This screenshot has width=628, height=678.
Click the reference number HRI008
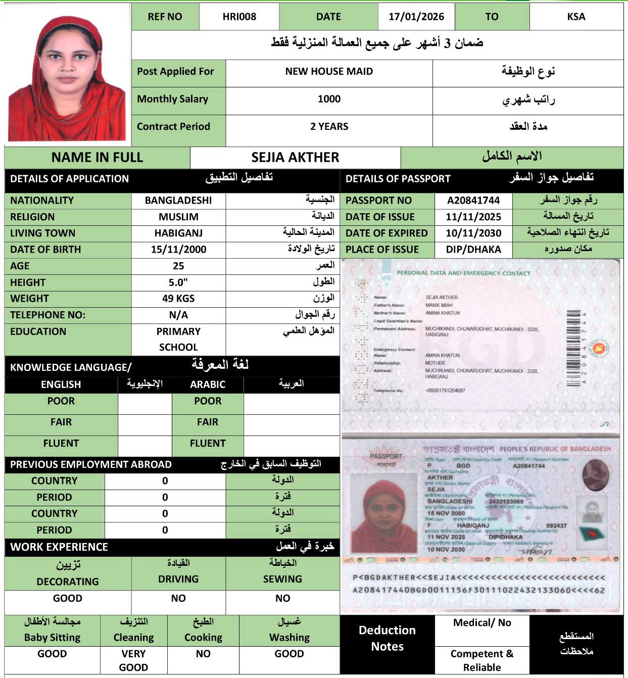pos(239,17)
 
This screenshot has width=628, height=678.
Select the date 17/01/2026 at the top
pos(416,17)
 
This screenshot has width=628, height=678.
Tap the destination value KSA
pos(576,17)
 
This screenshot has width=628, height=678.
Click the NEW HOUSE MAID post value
pos(329,71)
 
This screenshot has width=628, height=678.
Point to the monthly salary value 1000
pos(329,99)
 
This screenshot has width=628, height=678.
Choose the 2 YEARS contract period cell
pos(329,126)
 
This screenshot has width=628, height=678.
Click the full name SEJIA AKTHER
pos(295,157)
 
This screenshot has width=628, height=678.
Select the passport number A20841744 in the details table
pos(473,200)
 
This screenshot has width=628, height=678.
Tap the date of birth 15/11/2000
pos(178,249)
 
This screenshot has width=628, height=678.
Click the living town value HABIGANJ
pos(178,233)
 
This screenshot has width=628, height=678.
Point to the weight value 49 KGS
pos(178,298)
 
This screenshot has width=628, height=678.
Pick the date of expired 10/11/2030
pos(473,233)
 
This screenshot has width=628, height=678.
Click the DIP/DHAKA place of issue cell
pos(473,249)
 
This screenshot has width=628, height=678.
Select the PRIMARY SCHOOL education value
pos(178,339)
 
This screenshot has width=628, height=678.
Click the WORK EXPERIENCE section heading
pos(59,547)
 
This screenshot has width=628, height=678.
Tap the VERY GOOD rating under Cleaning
pos(133,660)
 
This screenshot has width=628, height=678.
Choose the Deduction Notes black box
pos(387,638)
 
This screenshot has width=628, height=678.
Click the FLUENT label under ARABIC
pos(208,443)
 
